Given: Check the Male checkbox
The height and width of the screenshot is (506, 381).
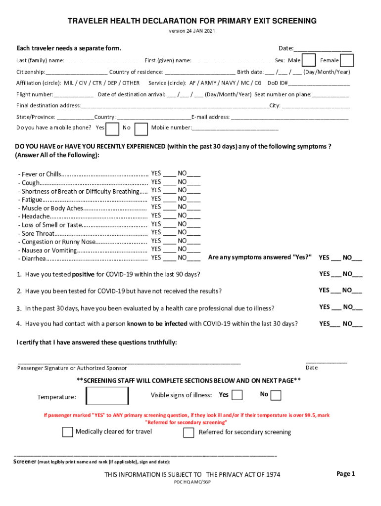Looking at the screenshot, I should [309, 60].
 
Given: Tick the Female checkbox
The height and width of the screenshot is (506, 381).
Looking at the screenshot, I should [347, 60].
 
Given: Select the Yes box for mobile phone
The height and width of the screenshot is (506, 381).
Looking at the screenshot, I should [113, 128].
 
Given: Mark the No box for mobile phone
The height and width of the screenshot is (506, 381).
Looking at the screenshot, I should [141, 128].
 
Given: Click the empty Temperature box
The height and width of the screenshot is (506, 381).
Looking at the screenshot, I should [107, 396].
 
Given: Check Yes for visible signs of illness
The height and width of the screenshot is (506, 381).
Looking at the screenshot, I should [237, 395].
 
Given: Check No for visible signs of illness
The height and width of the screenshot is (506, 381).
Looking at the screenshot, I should [276, 395].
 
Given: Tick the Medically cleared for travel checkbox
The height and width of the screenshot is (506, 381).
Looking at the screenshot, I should [67, 432].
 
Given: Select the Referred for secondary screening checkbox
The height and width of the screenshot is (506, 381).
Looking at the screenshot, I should [189, 432].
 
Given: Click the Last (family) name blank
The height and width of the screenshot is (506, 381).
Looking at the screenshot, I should [104, 61].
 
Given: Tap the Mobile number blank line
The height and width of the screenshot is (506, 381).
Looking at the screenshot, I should [235, 128].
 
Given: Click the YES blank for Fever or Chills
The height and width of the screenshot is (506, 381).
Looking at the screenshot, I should [169, 174].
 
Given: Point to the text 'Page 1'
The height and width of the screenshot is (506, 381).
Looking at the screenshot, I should [346, 474].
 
